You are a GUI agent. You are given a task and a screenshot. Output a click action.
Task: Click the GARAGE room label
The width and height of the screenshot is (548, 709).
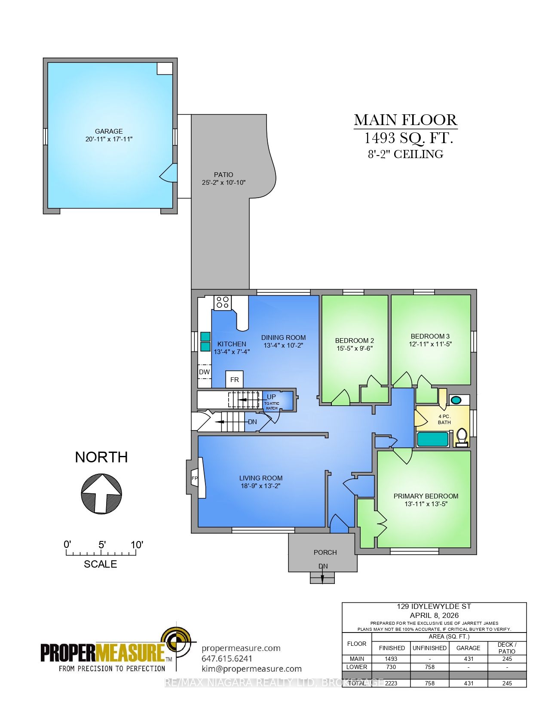point(109,131)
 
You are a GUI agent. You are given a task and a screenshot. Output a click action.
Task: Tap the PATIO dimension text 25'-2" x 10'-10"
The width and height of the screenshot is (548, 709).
point(223,182)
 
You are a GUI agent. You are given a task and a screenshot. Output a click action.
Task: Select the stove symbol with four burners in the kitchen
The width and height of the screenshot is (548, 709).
point(222,302)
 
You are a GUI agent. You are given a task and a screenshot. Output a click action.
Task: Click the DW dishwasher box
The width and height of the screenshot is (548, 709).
point(204,372)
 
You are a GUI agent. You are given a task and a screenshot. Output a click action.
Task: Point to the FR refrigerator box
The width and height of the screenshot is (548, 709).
point(234,379)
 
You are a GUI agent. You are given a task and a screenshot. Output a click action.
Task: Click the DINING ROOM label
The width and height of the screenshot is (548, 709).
point(283,337)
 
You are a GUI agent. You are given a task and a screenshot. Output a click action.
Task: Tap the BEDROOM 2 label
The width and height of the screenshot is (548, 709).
point(354,340)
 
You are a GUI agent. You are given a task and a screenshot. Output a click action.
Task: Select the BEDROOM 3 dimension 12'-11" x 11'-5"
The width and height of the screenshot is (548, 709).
point(430,344)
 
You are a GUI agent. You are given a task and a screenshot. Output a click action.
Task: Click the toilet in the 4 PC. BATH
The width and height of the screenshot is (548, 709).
point(462,436)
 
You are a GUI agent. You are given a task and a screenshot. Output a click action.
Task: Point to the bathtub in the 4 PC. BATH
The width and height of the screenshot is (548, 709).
point(433,439)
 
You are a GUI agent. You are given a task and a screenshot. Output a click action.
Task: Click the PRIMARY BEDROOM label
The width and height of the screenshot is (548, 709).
point(426,495)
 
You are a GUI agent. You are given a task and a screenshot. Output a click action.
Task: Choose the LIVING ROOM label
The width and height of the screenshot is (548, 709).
point(260,477)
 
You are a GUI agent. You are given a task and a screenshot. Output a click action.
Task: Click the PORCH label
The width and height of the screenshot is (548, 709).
point(325,552)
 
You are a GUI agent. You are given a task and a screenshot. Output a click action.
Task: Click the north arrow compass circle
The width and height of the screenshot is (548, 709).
point(101,493)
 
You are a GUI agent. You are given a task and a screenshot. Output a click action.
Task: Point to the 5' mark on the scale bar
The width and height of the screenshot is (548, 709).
point(102,545)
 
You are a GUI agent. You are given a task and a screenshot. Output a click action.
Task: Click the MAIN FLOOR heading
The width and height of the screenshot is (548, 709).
point(405,120)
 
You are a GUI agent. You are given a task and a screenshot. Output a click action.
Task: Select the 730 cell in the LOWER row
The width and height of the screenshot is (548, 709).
point(392,667)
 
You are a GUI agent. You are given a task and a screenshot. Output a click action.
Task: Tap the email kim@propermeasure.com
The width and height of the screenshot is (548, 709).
point(251,669)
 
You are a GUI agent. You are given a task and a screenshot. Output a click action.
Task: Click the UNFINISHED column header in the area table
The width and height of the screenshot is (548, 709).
point(430,648)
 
